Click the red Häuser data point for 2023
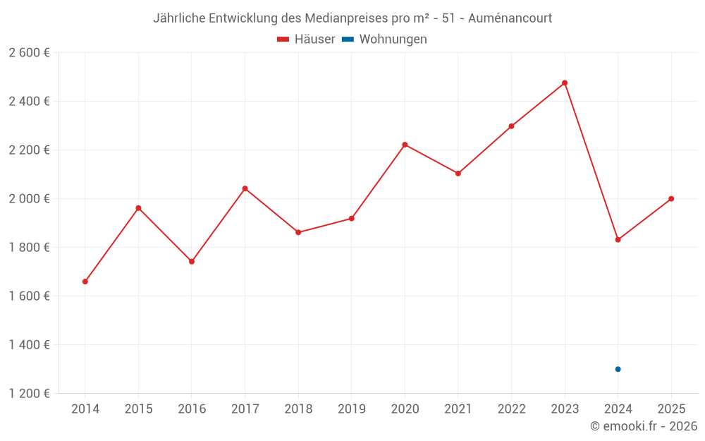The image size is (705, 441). [x=565, y=83]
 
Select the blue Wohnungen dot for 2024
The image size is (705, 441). [x=618, y=369]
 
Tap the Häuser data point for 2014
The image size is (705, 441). [x=85, y=282]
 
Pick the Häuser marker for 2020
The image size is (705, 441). [x=405, y=145]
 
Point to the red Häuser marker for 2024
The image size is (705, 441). [x=618, y=240]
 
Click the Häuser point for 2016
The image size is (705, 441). [x=192, y=262]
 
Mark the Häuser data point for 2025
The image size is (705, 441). [x=671, y=199]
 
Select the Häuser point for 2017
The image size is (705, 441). [x=245, y=188]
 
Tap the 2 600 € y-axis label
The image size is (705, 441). [x=29, y=53]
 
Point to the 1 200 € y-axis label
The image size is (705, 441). [x=29, y=394]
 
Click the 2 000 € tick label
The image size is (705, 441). [x=29, y=199]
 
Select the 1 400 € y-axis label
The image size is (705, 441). [x=29, y=345]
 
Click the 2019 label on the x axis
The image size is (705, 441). [x=351, y=409]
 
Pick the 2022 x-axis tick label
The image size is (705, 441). [x=511, y=409]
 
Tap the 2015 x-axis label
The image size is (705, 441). [x=138, y=409]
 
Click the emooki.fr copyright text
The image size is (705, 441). [x=644, y=426]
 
